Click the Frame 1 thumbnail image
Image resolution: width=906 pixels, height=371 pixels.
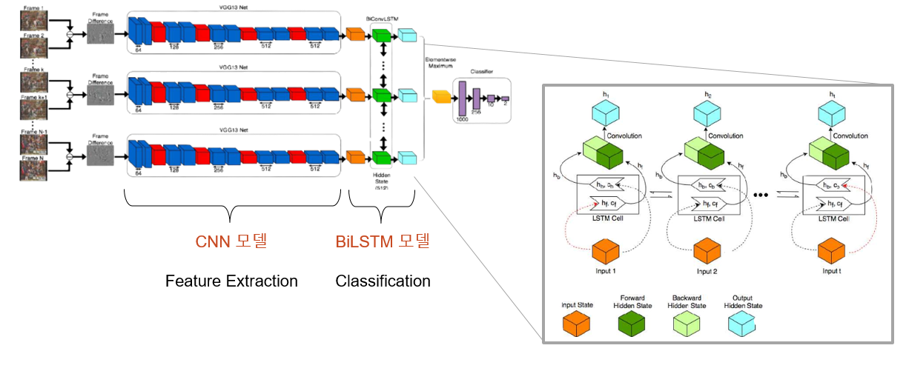pos(32,20)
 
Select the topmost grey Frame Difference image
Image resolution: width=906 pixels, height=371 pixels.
pos(102,33)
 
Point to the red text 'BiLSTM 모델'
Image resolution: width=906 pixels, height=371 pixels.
pos(383,241)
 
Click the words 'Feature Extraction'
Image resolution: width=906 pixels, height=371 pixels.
pos(231,281)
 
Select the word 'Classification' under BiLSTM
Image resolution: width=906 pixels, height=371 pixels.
pos(383,281)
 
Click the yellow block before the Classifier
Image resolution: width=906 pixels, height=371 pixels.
pos(442,96)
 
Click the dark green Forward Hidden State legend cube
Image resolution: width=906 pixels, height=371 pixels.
pos(632,324)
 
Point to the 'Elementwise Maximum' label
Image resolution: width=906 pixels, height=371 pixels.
pos(440,62)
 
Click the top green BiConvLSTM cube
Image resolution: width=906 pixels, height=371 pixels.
pos(381,35)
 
